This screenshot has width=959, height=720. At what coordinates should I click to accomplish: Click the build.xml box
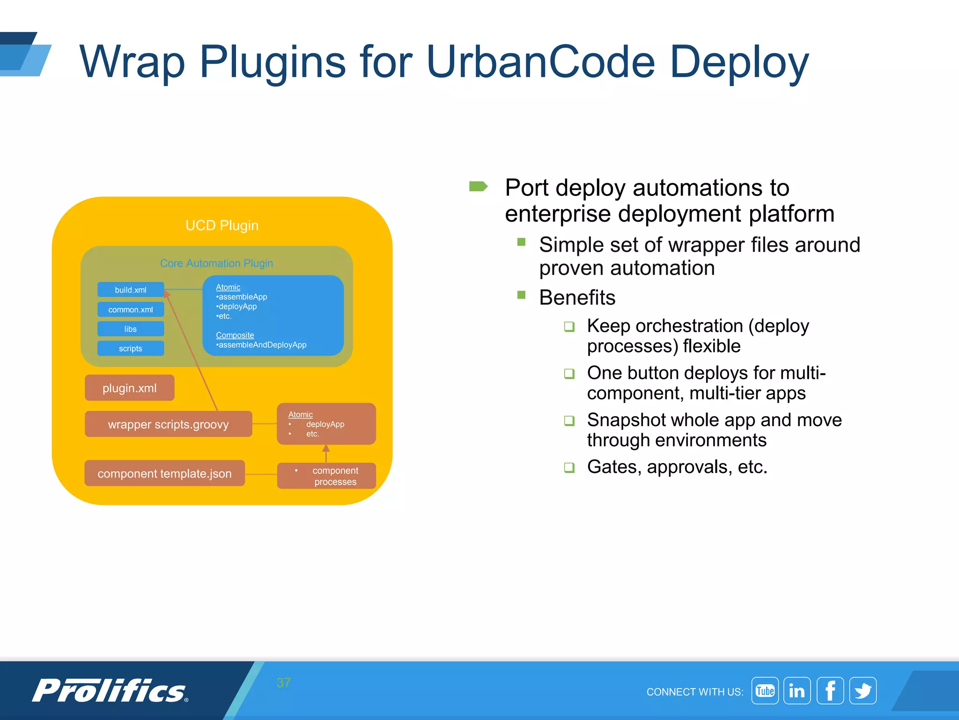pyautogui.click(x=131, y=290)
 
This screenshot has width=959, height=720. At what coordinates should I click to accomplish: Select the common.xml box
pyautogui.click(x=131, y=309)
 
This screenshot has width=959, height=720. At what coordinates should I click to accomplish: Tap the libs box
pyautogui.click(x=131, y=329)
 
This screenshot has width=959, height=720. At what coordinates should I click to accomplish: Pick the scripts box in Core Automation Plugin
pyautogui.click(x=131, y=348)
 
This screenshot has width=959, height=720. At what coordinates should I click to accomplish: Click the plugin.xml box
pyautogui.click(x=130, y=388)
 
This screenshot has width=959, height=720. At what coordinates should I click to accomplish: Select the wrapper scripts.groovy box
pyautogui.click(x=169, y=424)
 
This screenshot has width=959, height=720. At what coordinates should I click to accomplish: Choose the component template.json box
pyautogui.click(x=165, y=473)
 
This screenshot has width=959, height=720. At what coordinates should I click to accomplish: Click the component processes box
pyautogui.click(x=327, y=476)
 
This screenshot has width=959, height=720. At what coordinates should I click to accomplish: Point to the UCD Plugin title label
pyautogui.click(x=222, y=225)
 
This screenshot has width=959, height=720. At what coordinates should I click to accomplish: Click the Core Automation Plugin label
pyautogui.click(x=216, y=263)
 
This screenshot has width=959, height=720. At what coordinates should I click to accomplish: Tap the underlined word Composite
pyautogui.click(x=235, y=335)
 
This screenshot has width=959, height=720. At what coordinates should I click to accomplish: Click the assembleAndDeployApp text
pyautogui.click(x=262, y=345)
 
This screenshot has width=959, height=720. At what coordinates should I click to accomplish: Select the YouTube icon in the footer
pyautogui.click(x=765, y=691)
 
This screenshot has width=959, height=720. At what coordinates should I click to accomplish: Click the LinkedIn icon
pyautogui.click(x=797, y=691)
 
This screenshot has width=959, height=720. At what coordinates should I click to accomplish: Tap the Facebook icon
pyautogui.click(x=830, y=691)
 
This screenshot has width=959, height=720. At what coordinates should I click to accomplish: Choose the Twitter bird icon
pyautogui.click(x=863, y=691)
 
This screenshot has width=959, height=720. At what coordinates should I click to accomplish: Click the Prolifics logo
pyautogui.click(x=110, y=691)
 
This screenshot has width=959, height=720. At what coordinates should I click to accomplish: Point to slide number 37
pyautogui.click(x=284, y=682)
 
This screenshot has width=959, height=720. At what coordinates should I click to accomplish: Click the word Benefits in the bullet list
pyautogui.click(x=577, y=298)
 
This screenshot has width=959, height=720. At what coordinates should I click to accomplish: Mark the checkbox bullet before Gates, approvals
pyautogui.click(x=569, y=467)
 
